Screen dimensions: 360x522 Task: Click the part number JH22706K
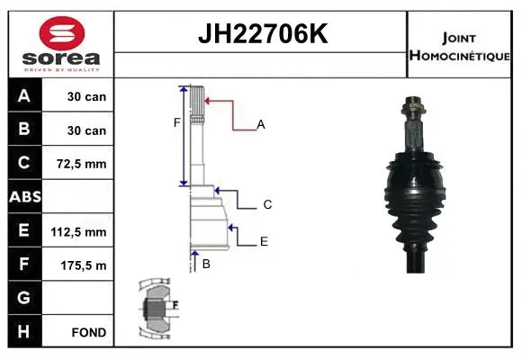click(261, 35)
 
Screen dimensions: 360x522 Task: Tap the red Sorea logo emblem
click(59, 33)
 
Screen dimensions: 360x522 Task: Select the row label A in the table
click(24, 96)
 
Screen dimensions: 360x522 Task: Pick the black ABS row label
click(24, 197)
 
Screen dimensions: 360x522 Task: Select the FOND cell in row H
click(88, 332)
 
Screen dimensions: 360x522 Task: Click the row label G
click(24, 298)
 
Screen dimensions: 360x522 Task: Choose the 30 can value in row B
click(87, 130)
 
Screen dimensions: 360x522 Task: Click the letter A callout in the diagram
click(261, 125)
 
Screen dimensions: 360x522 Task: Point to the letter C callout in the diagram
click(267, 205)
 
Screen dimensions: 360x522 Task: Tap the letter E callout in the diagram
click(264, 241)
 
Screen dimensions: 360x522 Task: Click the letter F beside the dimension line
click(177, 122)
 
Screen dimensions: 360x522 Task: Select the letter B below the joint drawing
click(206, 264)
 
